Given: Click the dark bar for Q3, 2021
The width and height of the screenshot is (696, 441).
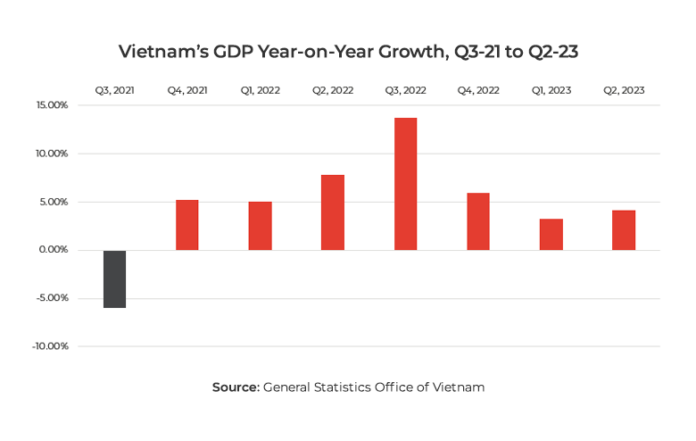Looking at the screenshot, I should (114, 279).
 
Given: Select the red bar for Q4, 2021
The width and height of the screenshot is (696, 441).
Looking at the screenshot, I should (186, 225).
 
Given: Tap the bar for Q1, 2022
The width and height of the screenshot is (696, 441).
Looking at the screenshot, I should (260, 226).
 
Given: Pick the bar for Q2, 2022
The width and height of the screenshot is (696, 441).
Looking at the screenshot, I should (333, 212).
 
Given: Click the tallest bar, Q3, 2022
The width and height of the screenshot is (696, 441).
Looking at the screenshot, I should (405, 184).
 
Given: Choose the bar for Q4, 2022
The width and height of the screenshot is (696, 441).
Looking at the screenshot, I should (478, 221).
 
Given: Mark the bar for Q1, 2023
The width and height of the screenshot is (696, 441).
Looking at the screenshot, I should (551, 234).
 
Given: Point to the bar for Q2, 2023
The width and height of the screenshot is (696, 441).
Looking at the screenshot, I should (624, 229).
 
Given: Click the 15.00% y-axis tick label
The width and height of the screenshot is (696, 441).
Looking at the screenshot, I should (51, 105).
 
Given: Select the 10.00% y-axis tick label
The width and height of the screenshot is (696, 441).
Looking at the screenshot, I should (51, 154).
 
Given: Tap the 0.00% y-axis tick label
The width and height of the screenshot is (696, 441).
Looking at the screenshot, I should (53, 250).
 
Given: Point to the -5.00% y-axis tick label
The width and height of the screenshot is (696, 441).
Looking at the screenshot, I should (52, 298).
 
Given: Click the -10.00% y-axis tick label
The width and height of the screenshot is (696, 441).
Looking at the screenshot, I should (50, 346).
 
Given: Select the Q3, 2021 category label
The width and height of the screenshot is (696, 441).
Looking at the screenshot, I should (114, 90).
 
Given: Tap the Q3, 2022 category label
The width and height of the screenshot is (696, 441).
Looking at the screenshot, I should (405, 90).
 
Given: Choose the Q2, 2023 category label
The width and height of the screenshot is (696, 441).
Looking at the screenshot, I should (624, 90).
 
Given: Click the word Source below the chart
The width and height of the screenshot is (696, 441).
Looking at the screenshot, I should (235, 387).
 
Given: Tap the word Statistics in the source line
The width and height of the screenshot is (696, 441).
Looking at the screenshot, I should (343, 387).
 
